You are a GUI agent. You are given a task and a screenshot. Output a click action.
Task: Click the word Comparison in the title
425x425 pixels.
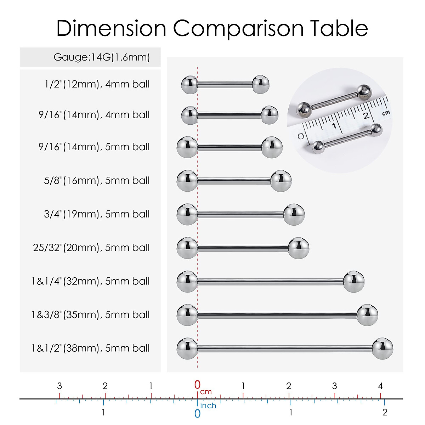pos(238,28)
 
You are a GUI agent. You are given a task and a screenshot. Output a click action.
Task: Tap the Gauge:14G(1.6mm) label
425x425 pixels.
pos(102,57)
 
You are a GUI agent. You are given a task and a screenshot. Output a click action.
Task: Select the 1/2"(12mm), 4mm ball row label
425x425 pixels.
pos(97,84)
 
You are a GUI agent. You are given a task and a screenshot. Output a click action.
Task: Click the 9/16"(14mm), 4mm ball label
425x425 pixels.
pos(94,115)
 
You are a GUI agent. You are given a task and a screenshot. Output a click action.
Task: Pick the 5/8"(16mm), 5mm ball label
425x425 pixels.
pos(97,181)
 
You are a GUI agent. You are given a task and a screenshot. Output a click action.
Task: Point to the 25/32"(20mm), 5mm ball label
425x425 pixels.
pos(91,248)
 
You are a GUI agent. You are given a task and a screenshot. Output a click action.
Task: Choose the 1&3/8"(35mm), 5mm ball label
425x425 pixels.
pos(91,314)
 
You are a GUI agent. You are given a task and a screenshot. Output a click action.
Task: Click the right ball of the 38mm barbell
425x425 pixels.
pos(382,348)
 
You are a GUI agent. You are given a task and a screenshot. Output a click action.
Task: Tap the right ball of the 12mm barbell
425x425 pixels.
pos(261,84)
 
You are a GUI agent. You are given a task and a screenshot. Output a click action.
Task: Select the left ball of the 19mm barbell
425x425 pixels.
pos(187,214)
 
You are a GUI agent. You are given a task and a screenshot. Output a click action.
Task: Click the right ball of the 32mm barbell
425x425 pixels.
pos(353,281)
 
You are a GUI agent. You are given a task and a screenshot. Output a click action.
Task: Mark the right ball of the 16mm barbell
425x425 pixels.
pos(281,181)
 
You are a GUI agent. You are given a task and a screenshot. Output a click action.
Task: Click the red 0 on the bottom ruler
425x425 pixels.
pos(197,385)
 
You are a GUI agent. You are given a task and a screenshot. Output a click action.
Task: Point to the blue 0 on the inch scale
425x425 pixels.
pos(197,413)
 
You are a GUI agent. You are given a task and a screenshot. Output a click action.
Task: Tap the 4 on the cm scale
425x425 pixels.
pos(380,386)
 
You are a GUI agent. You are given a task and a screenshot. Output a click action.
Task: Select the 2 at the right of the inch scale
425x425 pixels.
pos(385,412)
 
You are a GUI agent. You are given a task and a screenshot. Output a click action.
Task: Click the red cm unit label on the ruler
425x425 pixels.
pos(206,392)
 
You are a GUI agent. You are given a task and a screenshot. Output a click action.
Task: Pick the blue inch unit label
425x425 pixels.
pos(208,406)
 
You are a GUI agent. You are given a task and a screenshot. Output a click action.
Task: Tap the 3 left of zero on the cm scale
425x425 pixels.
pos(59,386)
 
